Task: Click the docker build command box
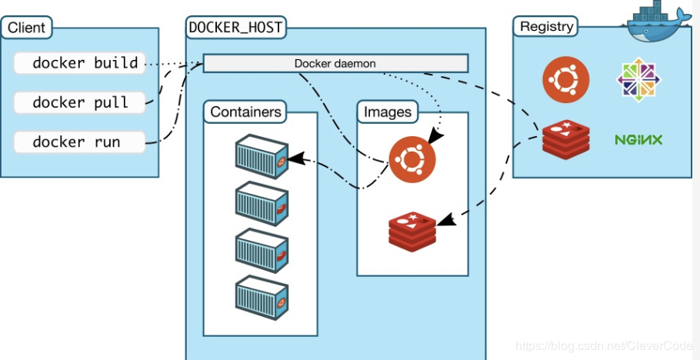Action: [x=79, y=63]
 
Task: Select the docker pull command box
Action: [x=79, y=102]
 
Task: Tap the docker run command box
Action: [x=79, y=142]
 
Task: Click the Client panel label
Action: [x=26, y=29]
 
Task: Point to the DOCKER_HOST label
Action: [x=235, y=28]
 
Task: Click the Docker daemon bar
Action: [x=335, y=63]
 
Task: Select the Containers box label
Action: [x=245, y=112]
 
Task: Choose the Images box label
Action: [x=387, y=112]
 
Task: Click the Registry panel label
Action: [x=546, y=26]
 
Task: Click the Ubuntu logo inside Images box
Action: [x=412, y=159]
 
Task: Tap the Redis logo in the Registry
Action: [x=565, y=139]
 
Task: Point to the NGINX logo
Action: [x=638, y=140]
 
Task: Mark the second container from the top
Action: [x=261, y=202]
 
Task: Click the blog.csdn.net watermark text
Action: [x=604, y=348]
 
